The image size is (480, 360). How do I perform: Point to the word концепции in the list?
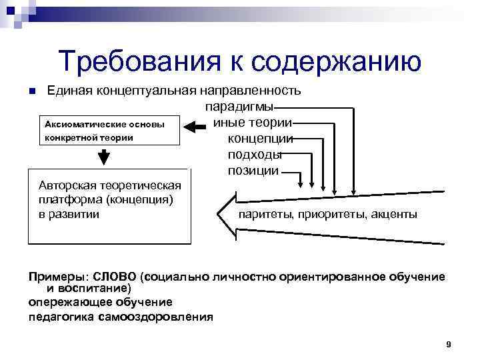(x=261, y=139)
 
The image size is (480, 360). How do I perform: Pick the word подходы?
(x=255, y=155)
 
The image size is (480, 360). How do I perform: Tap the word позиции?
(x=253, y=171)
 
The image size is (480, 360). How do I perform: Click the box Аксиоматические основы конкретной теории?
(x=104, y=131)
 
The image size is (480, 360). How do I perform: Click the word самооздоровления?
(x=162, y=317)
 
